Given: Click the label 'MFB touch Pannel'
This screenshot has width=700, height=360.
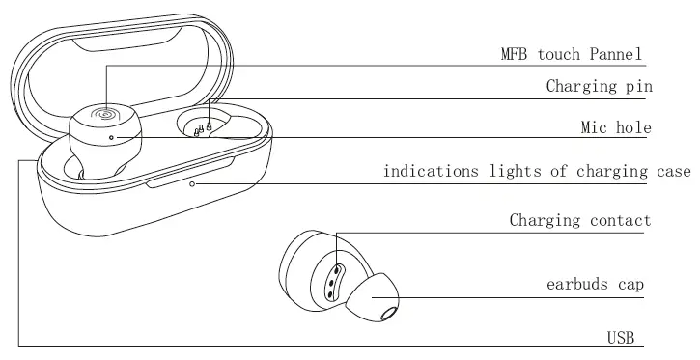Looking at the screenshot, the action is (x=567, y=54).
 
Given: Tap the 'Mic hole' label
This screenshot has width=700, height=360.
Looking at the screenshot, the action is (x=616, y=127).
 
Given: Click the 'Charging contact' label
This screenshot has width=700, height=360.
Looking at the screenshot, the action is (x=580, y=221).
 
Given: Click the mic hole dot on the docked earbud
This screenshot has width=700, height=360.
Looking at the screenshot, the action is (x=111, y=137).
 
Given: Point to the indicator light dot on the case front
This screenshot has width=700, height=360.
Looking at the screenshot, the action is (x=193, y=182).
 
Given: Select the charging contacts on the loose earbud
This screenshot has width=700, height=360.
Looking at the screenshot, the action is (x=333, y=277).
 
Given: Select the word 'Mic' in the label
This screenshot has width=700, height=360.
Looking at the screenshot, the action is (x=593, y=127).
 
